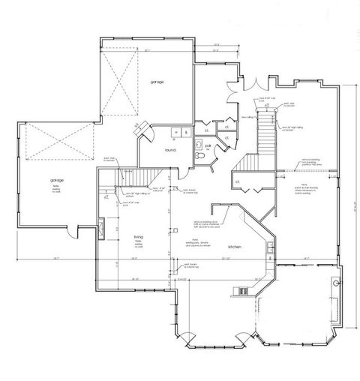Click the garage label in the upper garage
(156, 81)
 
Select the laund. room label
(170, 150)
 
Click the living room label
(138, 238)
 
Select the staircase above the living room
(136, 178)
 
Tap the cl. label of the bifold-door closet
(238, 181)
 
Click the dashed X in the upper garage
(122, 82)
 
